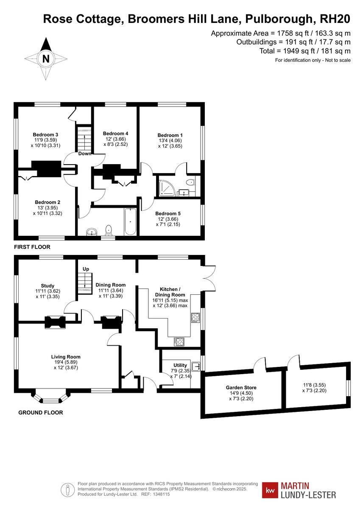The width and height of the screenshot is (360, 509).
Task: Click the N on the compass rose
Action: (x=46, y=59)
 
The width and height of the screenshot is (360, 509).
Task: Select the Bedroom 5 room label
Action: (x=167, y=213)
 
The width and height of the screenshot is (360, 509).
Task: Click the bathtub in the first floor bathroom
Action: (x=130, y=222)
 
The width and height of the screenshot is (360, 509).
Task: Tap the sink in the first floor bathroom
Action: (x=92, y=231)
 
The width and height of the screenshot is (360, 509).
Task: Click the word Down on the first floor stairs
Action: (x=85, y=154)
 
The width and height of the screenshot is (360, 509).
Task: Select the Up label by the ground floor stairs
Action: (x=86, y=269)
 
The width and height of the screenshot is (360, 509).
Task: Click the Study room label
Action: (x=47, y=286)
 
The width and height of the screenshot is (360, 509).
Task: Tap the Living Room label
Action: (x=66, y=357)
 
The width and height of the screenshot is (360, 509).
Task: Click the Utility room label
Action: (x=180, y=365)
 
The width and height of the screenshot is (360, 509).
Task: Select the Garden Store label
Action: (x=241, y=387)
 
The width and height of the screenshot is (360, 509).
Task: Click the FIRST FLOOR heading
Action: (x=32, y=247)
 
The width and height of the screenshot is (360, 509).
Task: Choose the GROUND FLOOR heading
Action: (x=41, y=412)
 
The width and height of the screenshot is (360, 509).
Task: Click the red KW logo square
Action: (x=270, y=490)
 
